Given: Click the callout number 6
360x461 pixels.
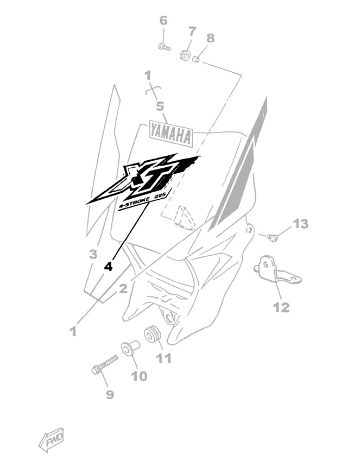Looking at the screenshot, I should coord(163,21).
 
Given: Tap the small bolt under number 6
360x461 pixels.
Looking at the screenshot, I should coord(163,47).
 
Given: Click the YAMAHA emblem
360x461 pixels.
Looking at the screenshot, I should coord(170,134).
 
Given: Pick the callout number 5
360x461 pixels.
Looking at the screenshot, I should coord(160,106).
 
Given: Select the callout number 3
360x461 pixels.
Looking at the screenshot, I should coord(93,254).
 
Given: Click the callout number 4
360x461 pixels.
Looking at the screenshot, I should coord(109,267).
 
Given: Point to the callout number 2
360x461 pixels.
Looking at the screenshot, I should coord(123,289).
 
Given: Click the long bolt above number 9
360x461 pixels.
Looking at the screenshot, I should coord(105,365).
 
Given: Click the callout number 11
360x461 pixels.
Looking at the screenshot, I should coord(163,358).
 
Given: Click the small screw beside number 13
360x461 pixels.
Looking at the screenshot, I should coord(273,236).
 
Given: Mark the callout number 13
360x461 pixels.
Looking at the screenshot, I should coord(301,224).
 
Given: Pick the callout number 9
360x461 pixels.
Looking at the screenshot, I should coord(110,395).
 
